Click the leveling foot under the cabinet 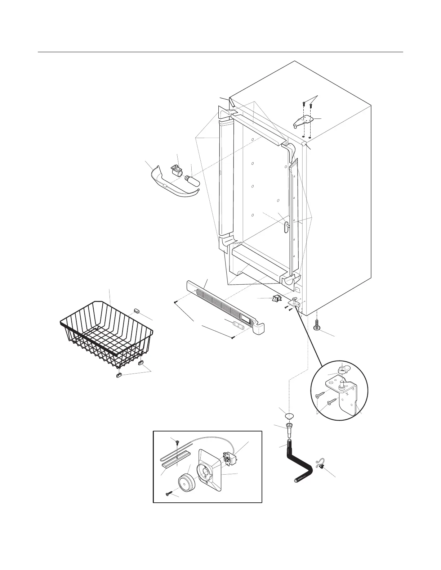pos(317,324)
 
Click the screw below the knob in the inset pos(168,494)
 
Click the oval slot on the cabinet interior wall pos(286,227)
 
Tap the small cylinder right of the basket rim pos(137,311)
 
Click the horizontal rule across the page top pos(220,52)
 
